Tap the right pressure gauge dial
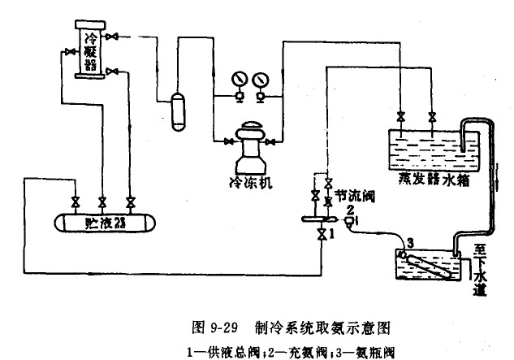tap(261, 82)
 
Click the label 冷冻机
tap(249, 182)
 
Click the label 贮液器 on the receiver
tap(106, 222)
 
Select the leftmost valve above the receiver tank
tap(75, 201)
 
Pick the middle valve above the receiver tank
tap(102, 201)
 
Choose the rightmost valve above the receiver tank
tap(130, 201)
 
